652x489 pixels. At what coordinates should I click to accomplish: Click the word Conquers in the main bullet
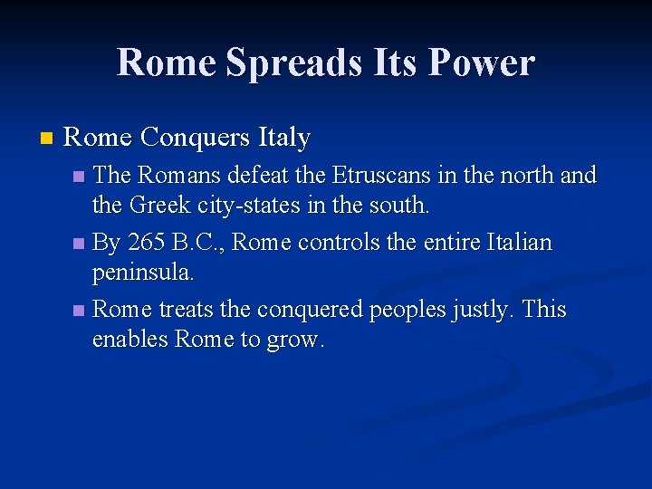[195, 138]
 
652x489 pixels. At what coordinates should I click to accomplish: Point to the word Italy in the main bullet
[283, 138]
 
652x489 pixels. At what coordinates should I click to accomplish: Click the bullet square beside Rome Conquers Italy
[46, 139]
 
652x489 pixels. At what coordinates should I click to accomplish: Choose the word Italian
[519, 243]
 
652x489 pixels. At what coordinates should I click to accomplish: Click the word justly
[486, 310]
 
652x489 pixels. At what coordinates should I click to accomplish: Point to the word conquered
[312, 310]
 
